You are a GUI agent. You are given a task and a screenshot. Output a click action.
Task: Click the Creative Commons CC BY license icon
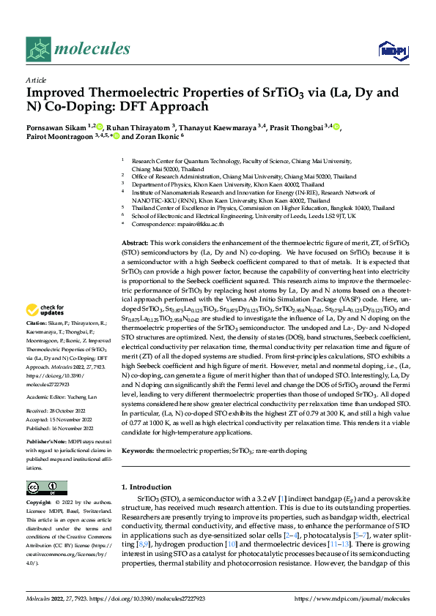point(46,488)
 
